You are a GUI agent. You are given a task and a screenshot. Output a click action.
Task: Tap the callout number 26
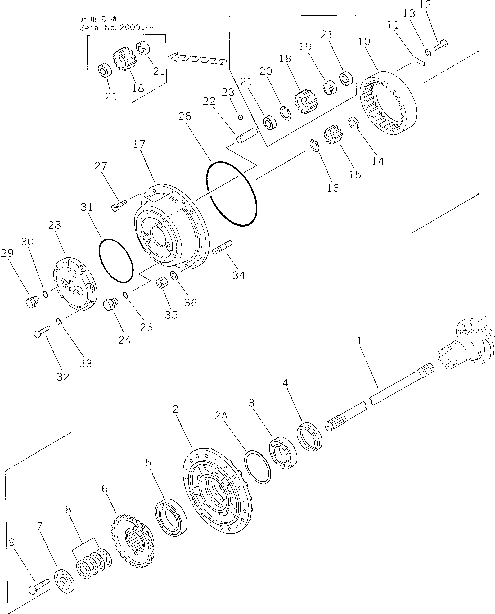click(185, 116)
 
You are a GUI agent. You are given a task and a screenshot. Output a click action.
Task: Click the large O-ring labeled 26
click(231, 194)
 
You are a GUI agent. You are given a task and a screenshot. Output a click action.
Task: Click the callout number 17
click(139, 144)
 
